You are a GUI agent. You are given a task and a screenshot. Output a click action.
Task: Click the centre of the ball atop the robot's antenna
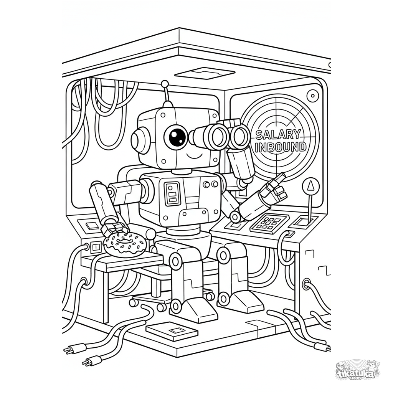(x=164, y=84)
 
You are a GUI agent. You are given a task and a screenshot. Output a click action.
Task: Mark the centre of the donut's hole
(x=125, y=240)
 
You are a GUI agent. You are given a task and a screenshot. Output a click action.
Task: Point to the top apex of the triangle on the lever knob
(x=311, y=182)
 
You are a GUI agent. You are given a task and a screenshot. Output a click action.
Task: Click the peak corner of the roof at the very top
(x=179, y=28)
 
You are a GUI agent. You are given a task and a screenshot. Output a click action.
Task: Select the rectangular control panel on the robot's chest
(x=172, y=192)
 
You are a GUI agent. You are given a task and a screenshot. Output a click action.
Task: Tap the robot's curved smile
(x=193, y=157)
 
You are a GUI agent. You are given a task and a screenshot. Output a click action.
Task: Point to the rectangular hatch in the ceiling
(x=205, y=73)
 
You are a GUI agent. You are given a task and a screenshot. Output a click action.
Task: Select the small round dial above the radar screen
(x=312, y=96)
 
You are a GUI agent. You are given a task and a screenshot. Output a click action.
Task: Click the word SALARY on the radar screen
(x=277, y=135)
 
